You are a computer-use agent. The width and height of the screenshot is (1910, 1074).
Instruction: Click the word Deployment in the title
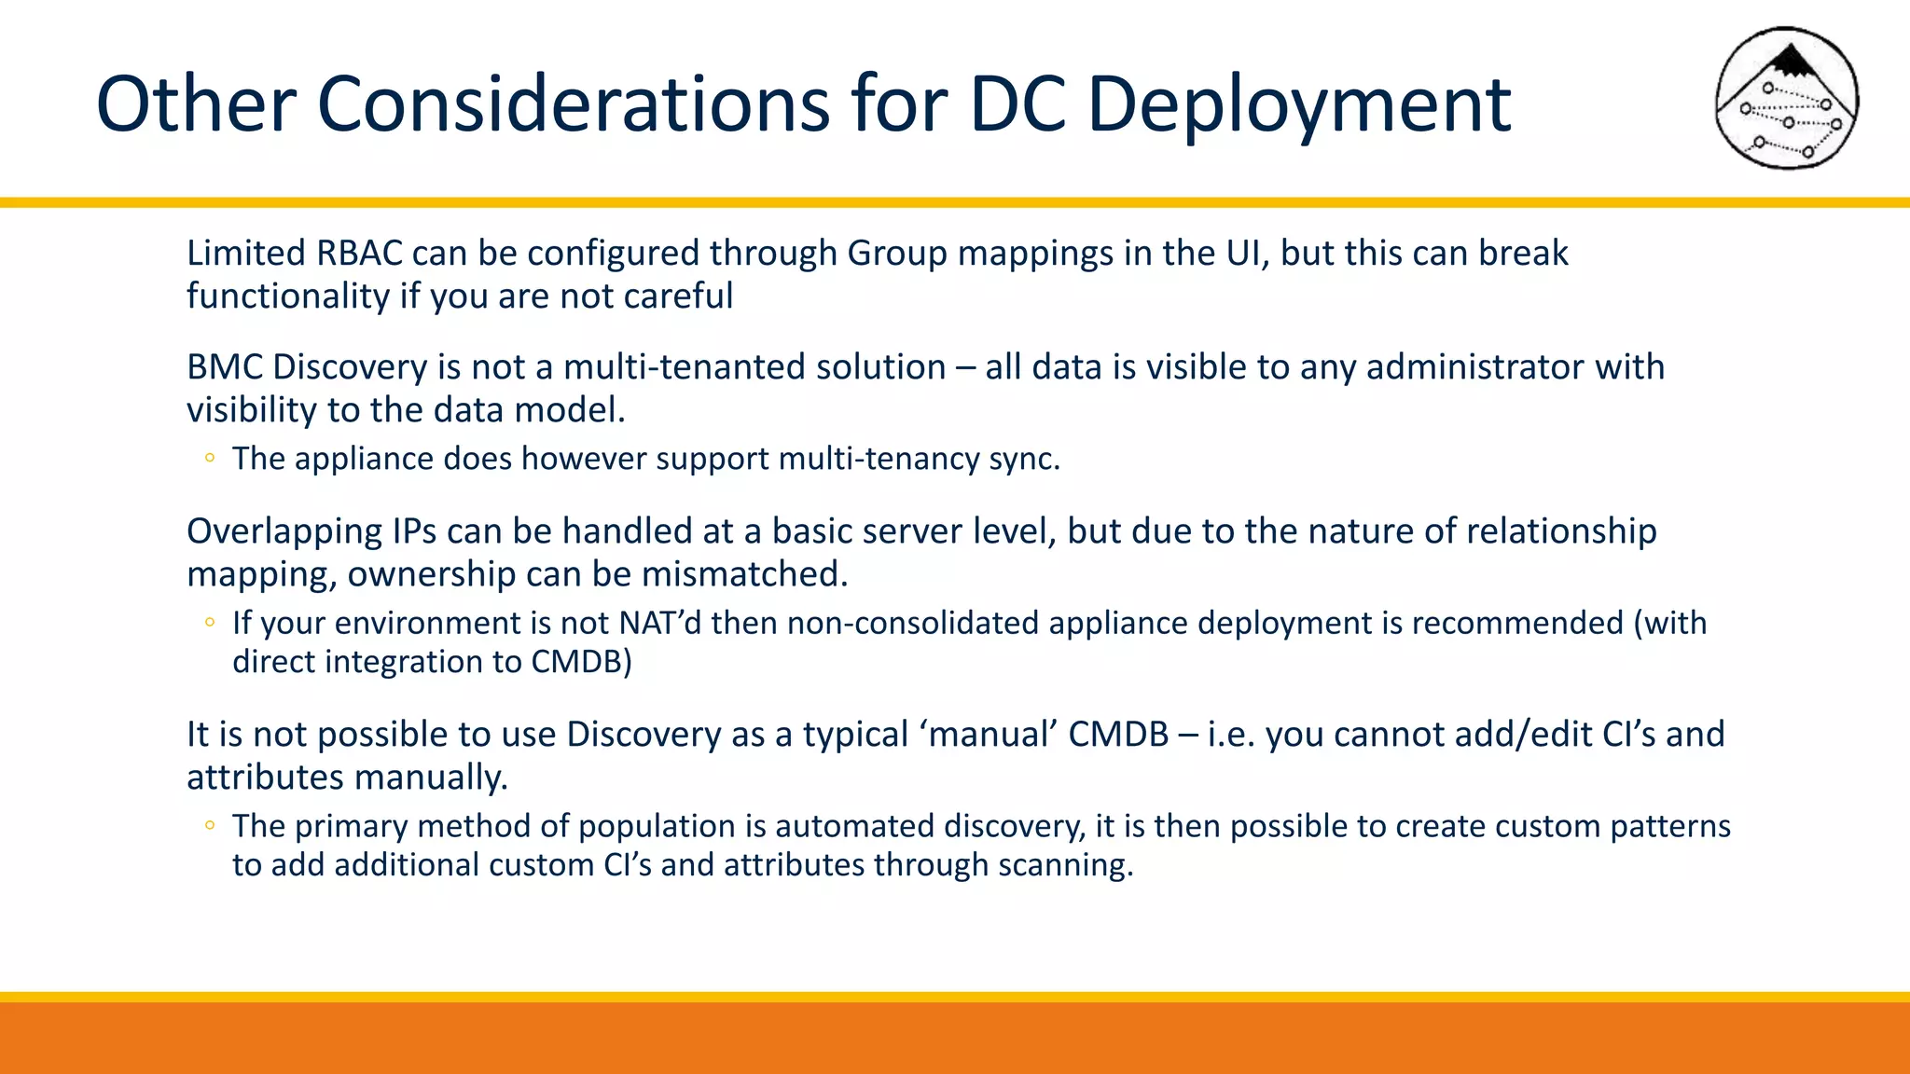1298,104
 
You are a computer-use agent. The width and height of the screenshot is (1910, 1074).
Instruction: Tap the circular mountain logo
1786,99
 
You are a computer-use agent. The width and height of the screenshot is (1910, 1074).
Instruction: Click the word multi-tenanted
685,367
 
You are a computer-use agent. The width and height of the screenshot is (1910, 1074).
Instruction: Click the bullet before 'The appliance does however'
210,458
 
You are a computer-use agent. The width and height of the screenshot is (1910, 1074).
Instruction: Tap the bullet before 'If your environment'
210,622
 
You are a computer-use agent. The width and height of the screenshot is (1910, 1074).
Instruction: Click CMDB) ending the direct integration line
581,662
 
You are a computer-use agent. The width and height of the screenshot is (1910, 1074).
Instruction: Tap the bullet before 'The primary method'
210,825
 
